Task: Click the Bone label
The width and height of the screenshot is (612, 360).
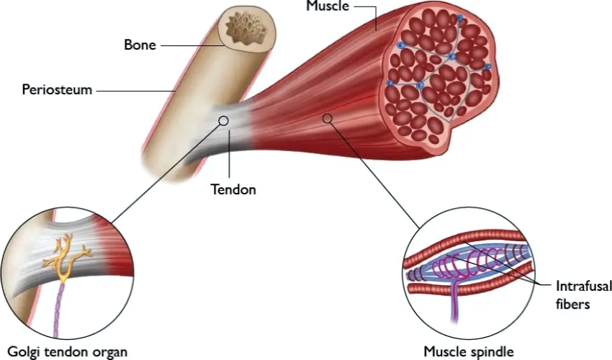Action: (x=138, y=45)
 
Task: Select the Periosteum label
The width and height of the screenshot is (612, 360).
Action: (x=57, y=91)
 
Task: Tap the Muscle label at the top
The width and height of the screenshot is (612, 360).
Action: (x=328, y=6)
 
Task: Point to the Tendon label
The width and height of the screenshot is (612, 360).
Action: (x=233, y=190)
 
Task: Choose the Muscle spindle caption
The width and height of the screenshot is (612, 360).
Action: (x=469, y=351)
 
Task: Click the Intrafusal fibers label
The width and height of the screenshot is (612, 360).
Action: (x=582, y=295)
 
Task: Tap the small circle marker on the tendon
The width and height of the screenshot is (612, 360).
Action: (x=224, y=121)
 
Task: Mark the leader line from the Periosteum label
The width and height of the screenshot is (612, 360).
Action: (x=137, y=91)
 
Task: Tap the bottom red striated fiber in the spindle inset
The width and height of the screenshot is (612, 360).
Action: (x=468, y=287)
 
